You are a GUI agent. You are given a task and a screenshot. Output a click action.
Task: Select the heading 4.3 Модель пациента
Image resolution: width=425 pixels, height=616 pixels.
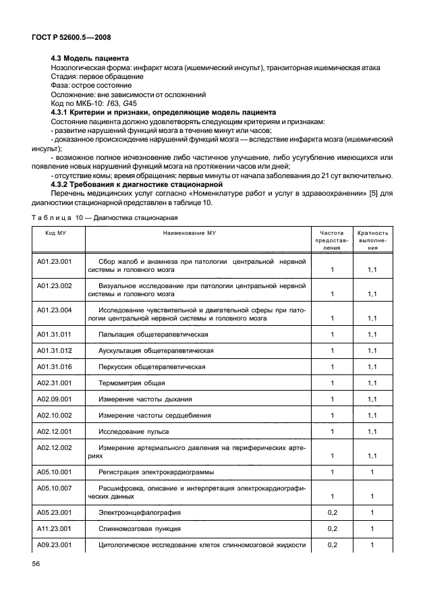click(90, 59)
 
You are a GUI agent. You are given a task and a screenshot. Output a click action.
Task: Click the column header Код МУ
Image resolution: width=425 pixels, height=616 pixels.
click(55, 231)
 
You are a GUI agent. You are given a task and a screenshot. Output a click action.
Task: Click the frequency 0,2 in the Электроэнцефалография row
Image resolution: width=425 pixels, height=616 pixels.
click(331, 512)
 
